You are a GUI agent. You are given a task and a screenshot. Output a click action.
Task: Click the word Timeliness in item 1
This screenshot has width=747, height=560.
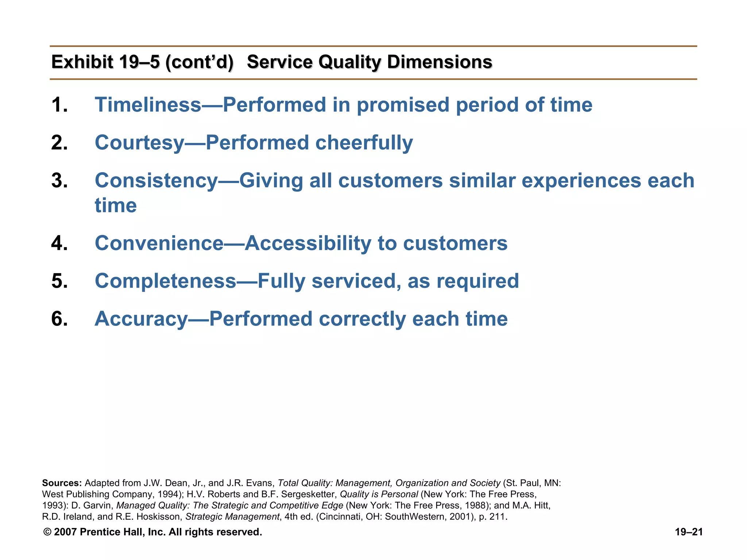[x=148, y=105]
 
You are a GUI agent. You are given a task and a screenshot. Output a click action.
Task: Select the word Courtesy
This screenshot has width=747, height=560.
[x=139, y=143]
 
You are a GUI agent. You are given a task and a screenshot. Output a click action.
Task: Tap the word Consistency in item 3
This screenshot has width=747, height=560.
[x=156, y=181]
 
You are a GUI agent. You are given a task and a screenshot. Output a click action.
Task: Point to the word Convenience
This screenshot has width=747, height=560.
[x=159, y=243]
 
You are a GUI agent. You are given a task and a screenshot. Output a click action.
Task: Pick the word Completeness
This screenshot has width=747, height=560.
[x=166, y=281]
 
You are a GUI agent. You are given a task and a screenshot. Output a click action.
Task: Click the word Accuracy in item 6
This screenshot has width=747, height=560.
[x=141, y=319]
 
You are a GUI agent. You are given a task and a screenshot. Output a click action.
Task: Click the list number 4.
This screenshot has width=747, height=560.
[x=59, y=243]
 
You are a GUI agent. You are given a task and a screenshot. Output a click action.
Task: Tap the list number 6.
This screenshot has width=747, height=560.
[x=59, y=319]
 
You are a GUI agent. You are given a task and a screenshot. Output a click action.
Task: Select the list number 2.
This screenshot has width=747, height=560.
[x=59, y=143]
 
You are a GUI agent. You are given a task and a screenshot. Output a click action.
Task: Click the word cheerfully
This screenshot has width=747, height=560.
[x=364, y=143]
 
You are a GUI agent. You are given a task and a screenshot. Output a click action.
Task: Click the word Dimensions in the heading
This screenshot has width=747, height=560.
[x=440, y=62]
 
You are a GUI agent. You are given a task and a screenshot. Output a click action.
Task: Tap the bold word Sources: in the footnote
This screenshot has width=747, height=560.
[x=62, y=483]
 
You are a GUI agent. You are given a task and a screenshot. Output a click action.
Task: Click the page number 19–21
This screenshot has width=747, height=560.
[x=689, y=532]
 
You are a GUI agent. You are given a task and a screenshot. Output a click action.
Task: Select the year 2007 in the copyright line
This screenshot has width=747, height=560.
[x=65, y=532]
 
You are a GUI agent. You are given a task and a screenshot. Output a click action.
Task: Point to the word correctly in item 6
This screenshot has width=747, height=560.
[x=362, y=319]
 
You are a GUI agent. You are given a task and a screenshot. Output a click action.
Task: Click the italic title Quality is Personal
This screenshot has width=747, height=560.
[x=379, y=494]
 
